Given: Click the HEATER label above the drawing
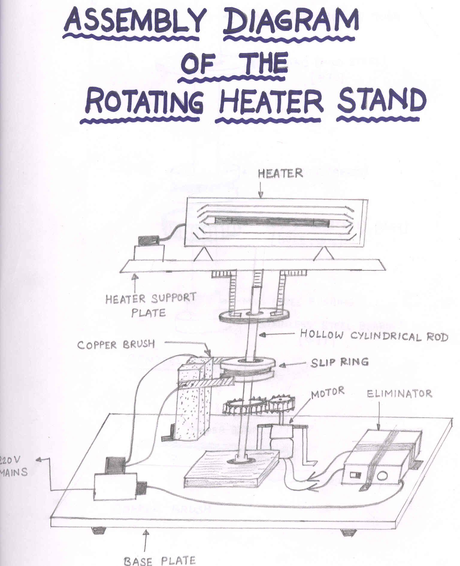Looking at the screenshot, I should point(280,173).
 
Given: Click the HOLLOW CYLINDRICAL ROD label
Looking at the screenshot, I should point(374,335).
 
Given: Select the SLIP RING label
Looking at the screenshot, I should point(340,363).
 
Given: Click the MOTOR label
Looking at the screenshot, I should point(328,393).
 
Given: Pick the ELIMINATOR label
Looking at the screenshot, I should point(400,394).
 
